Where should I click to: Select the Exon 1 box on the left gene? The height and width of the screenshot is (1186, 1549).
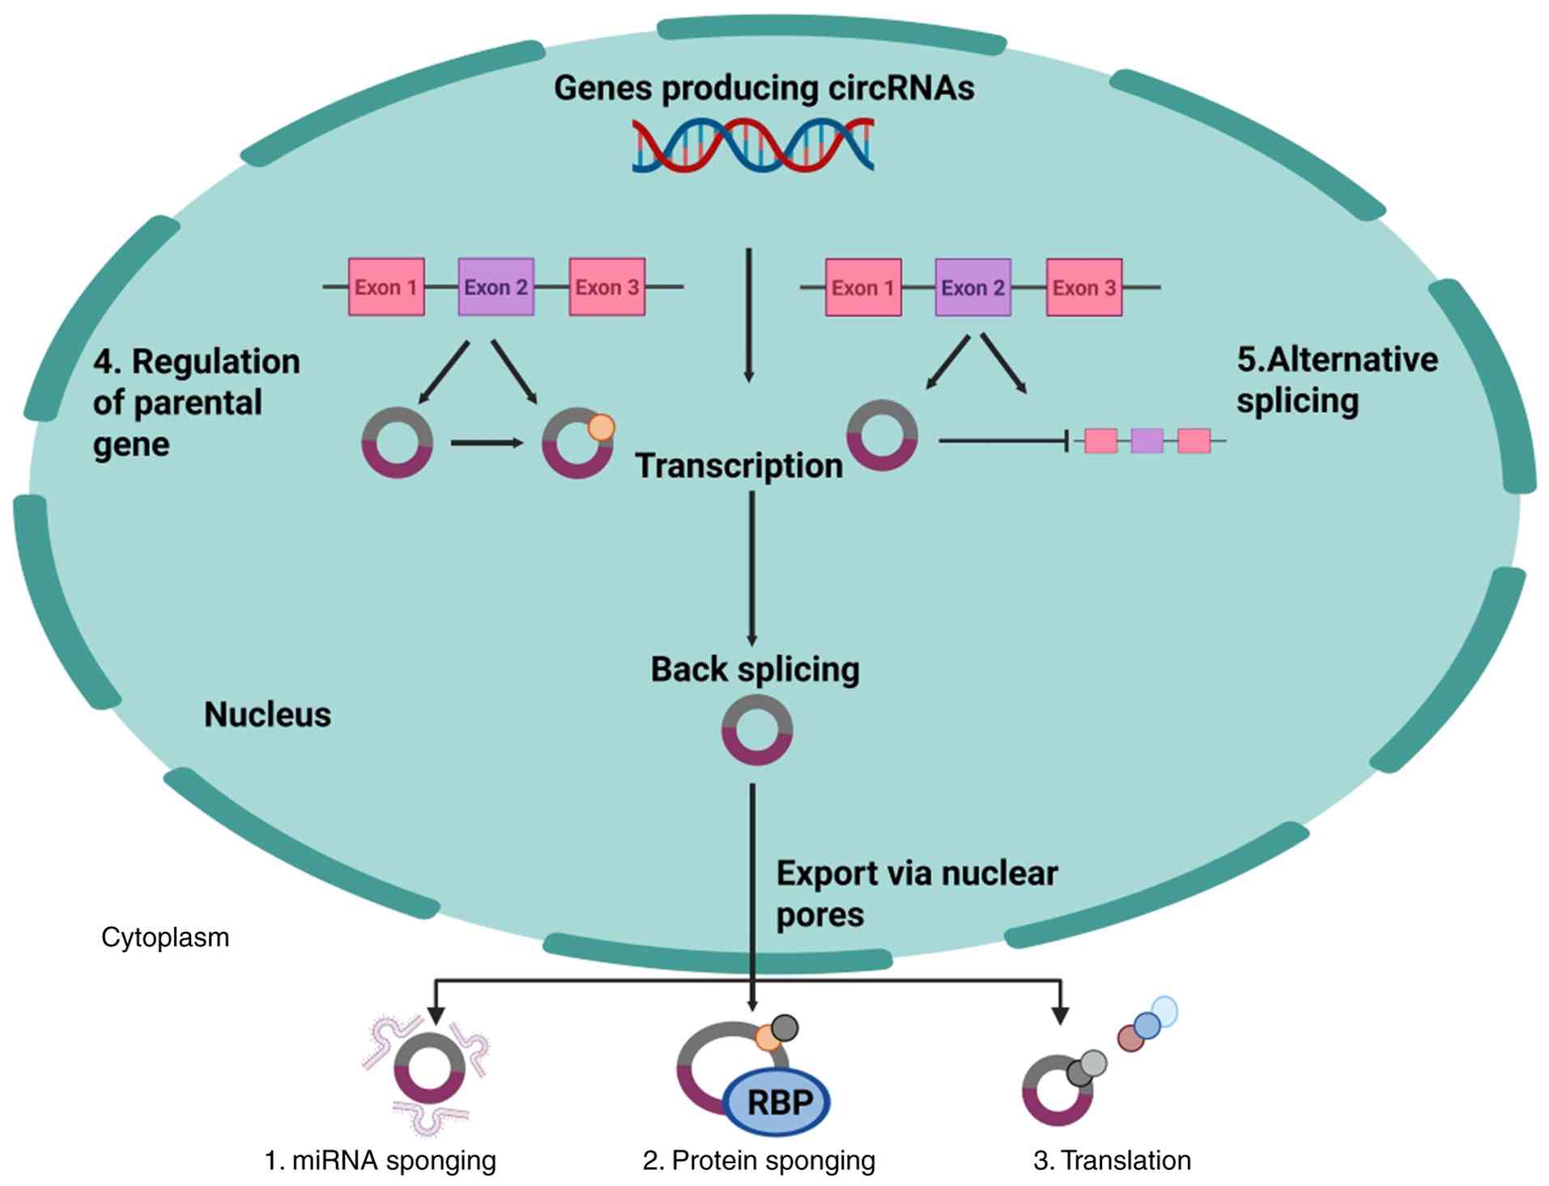click(x=386, y=287)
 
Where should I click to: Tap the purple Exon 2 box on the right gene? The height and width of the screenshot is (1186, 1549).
click(x=972, y=288)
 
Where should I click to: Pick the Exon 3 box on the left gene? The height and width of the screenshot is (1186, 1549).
click(x=607, y=287)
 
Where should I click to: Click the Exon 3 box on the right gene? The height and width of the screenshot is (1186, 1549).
click(x=1084, y=288)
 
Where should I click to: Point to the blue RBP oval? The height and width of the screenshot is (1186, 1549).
click(x=777, y=1102)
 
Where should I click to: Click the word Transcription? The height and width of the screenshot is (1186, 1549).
click(x=738, y=466)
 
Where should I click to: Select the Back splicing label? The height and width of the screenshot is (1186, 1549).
click(x=755, y=670)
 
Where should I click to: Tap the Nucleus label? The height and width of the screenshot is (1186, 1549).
click(x=267, y=715)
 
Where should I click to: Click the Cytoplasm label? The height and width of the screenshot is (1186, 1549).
click(x=165, y=937)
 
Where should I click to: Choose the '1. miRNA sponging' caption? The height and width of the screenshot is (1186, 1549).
click(x=380, y=1160)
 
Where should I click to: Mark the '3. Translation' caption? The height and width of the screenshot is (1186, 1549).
click(x=1112, y=1160)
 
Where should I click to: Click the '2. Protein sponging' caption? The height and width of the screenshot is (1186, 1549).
click(x=759, y=1160)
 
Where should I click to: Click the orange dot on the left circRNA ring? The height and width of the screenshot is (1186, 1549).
click(x=601, y=427)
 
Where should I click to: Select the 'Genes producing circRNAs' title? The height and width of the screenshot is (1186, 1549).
click(x=764, y=87)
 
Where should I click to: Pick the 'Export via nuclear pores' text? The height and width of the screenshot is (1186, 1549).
click(x=917, y=894)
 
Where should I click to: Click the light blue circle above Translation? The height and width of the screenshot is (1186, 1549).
click(x=1164, y=1012)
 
